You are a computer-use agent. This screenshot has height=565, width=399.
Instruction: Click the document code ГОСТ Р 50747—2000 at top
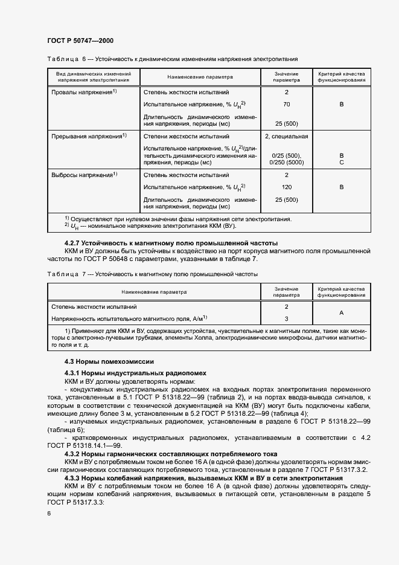pos(80,40)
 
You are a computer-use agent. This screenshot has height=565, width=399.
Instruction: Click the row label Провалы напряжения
pos(84,92)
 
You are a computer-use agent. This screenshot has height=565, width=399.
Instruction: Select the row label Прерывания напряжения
pos(88,136)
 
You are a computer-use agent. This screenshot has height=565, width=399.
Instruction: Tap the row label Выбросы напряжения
pos(84,175)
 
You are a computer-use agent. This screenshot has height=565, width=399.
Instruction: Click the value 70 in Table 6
pos(286,105)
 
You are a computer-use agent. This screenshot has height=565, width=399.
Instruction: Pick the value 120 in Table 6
pos(286,187)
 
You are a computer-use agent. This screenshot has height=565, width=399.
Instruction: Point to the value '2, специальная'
pos(286,137)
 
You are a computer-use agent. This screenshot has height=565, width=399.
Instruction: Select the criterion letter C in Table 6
pos(341,162)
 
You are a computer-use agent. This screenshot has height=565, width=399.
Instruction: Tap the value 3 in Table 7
pos(286,318)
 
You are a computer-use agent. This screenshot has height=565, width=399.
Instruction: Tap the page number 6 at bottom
pos(49,512)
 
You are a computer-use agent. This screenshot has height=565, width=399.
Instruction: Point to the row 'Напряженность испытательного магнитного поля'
pos(129,318)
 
